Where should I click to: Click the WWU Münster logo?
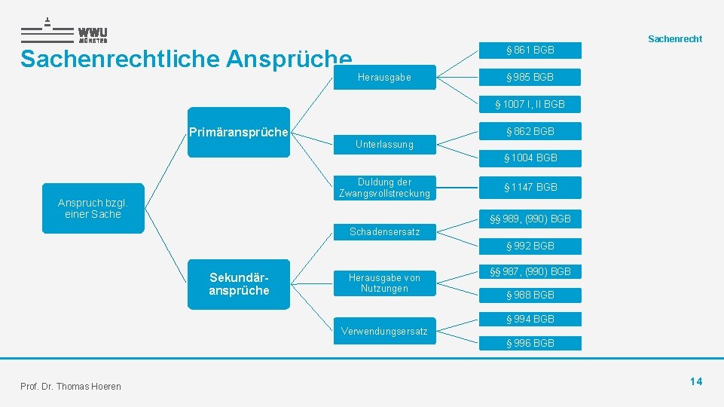point(64,31)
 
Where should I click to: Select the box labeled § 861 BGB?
point(530,50)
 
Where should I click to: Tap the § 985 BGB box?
point(530,77)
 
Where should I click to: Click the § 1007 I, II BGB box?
point(530,104)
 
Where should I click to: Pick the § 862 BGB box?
point(530,131)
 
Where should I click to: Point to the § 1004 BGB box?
point(530,158)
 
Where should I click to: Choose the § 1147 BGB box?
point(530,187)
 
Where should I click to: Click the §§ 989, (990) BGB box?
point(530,219)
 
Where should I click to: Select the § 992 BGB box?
point(530,246)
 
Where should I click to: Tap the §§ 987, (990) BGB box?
point(530,271)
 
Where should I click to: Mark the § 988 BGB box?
point(530,295)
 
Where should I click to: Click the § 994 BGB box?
point(530,319)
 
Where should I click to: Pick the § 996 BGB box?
point(530,343)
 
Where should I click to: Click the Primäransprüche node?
point(238,133)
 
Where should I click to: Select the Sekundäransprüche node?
point(238,284)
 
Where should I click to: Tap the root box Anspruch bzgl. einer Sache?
point(93,208)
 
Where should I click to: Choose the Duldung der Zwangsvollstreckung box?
point(384,188)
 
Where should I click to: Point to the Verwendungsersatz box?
point(384,331)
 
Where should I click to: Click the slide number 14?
point(695,381)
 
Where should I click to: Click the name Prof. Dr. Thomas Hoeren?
point(71,387)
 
